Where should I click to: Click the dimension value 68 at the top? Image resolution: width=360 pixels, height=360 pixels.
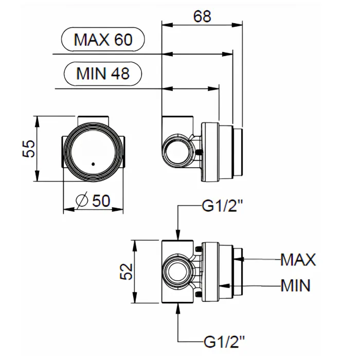point(202,16)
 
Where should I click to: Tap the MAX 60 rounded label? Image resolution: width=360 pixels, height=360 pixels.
point(103,40)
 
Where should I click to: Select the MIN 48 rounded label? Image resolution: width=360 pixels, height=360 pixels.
point(102,74)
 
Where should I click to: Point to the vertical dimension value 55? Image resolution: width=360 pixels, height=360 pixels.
point(30,149)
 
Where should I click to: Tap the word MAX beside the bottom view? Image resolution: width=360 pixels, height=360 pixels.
point(298,259)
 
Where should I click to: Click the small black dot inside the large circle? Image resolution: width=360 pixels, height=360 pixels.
point(93,165)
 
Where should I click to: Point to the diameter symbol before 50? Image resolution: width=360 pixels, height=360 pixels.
point(82,201)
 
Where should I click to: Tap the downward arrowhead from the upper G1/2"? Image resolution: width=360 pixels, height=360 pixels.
point(178,236)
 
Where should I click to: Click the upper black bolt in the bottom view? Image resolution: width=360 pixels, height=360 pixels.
point(198,249)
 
